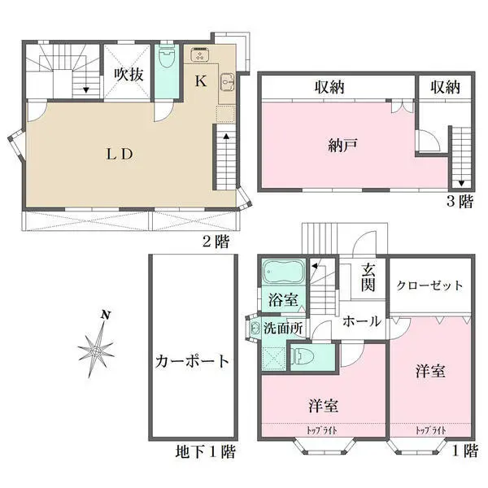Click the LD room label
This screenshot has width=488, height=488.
point(120,154)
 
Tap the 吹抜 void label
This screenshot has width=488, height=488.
point(129,75)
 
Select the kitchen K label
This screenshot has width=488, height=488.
point(201,81)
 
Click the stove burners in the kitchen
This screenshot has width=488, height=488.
point(198,54)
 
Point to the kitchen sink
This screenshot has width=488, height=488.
point(227,82)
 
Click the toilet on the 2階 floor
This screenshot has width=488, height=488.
point(167,59)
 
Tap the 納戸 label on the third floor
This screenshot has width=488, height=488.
point(342,145)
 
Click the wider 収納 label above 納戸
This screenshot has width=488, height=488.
point(329,88)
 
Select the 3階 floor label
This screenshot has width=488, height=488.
point(460,202)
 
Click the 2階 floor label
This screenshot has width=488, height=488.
point(216,242)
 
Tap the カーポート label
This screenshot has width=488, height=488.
point(192,361)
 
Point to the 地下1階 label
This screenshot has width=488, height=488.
point(206,451)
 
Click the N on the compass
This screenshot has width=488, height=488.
point(106,316)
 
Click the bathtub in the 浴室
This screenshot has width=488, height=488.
point(283,271)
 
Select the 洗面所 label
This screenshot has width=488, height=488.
point(283,328)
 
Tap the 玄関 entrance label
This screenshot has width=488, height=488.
point(368,277)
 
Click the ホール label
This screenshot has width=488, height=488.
point(362,321)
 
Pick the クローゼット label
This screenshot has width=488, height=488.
point(429,285)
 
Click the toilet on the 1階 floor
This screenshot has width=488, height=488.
point(299,356)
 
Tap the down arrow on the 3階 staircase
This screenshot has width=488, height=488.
point(461,183)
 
